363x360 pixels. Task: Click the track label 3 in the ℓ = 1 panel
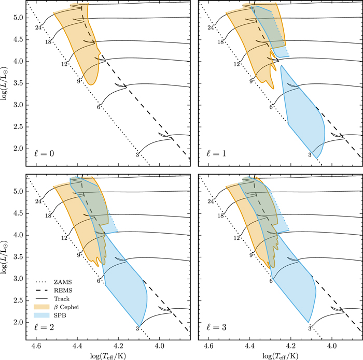(x=310, y=154)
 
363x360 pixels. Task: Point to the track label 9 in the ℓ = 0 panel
(x=80, y=80)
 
